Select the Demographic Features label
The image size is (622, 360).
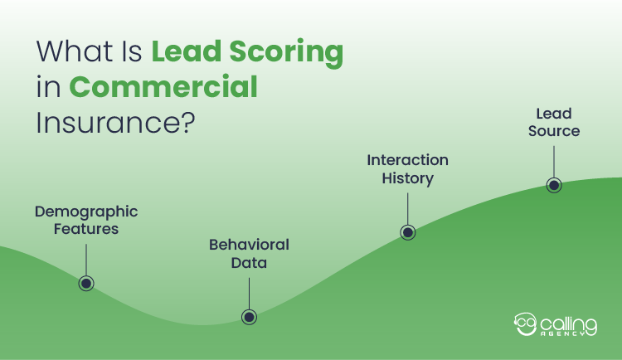(86, 220)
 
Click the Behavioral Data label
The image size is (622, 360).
(249, 254)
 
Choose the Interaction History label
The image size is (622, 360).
(407, 168)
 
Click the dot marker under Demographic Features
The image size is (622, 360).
(86, 283)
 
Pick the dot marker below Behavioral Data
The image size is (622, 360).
(249, 316)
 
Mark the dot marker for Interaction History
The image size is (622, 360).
(407, 232)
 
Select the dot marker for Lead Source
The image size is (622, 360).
(554, 185)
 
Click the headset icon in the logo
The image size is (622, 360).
(525, 322)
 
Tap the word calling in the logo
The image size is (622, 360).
(568, 319)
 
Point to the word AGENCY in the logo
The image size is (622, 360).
(569, 333)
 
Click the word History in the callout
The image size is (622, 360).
(407, 178)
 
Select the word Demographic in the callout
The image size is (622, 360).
(86, 212)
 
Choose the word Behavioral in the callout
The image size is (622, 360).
(249, 246)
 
